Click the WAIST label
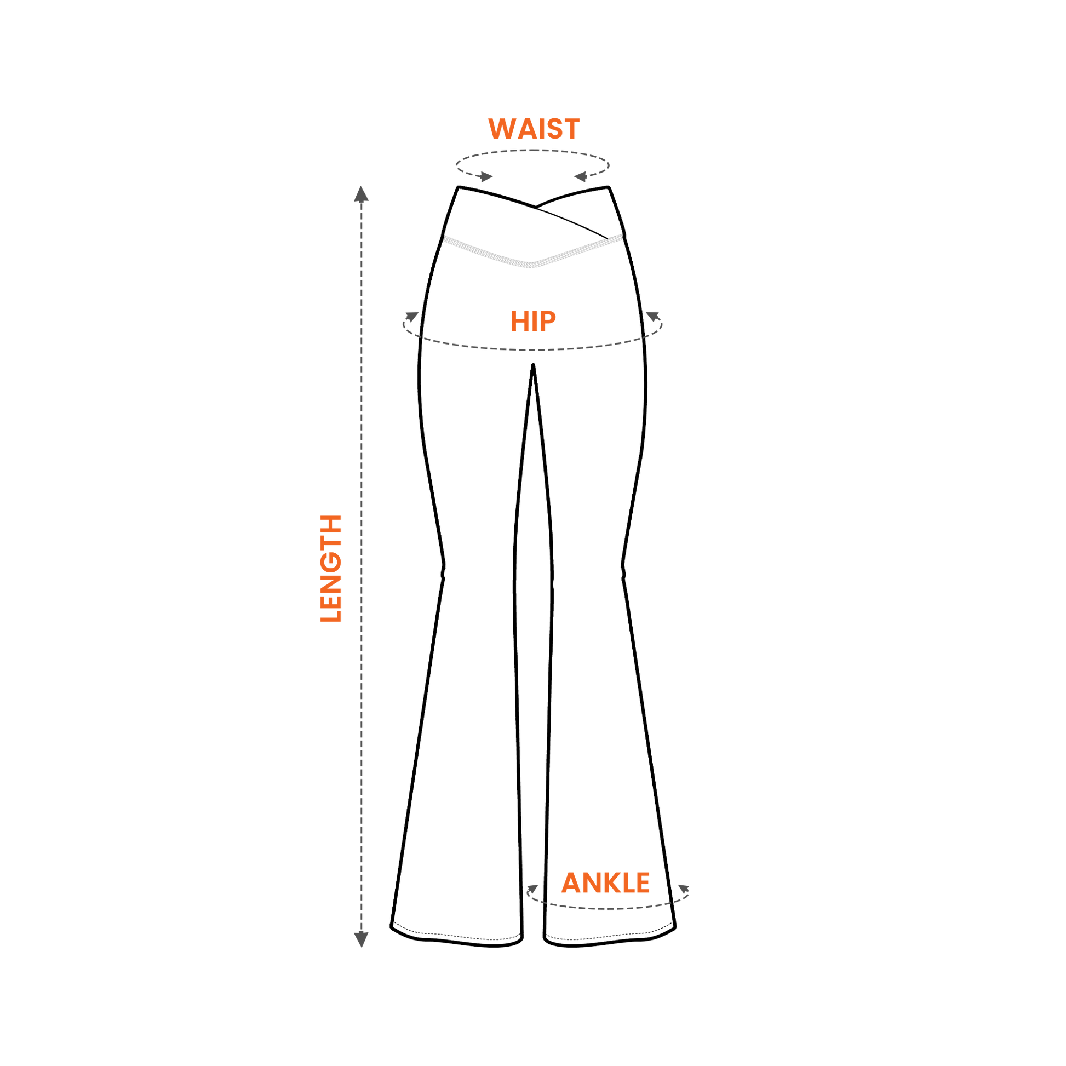click(534, 129)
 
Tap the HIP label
click(533, 321)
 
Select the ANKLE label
click(605, 883)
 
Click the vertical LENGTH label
click(331, 568)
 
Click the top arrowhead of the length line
click(362, 194)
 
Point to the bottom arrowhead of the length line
click(362, 939)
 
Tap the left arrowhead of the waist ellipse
click(486, 176)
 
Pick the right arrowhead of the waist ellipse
click(580, 176)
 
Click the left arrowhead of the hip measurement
click(411, 317)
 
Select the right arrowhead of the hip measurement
click(653, 317)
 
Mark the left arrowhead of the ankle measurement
click(532, 889)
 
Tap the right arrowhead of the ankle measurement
click(684, 889)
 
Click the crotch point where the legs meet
click(533, 365)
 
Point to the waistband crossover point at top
click(536, 208)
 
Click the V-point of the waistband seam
click(531, 265)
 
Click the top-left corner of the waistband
click(458, 187)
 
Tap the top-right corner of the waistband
click(608, 187)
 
